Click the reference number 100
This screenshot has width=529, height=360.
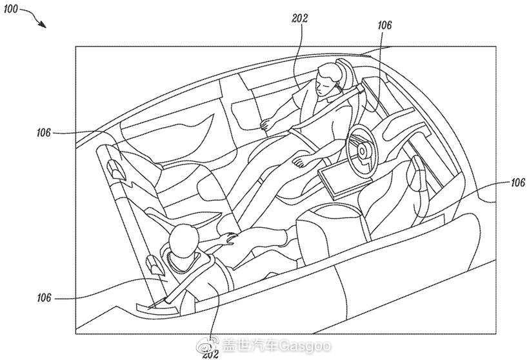click(10, 8)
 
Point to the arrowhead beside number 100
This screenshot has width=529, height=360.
click(42, 24)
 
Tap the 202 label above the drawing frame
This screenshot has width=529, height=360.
click(299, 18)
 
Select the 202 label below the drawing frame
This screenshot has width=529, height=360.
click(210, 354)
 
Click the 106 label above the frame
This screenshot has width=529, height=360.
click(384, 25)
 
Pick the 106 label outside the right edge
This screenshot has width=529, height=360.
click(517, 183)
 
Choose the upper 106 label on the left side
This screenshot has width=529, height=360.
click(43, 133)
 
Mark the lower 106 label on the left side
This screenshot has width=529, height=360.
click(44, 298)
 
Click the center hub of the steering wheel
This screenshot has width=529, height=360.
click(363, 150)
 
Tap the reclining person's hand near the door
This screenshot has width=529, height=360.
click(268, 124)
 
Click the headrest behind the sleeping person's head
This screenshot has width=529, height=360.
click(346, 72)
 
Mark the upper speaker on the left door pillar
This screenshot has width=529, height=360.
click(115, 168)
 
